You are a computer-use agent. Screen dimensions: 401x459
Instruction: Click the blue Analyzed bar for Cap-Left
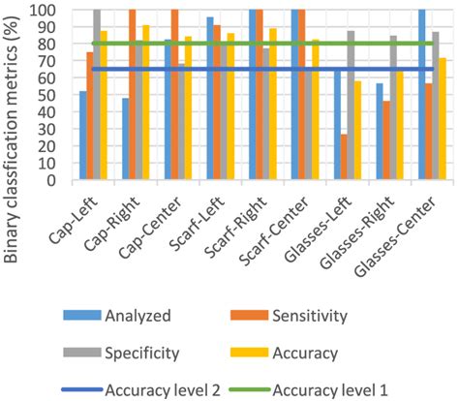pos(83,136)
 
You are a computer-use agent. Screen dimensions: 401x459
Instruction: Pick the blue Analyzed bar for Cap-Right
pos(126,139)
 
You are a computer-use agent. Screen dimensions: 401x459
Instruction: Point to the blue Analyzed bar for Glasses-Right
pos(380,132)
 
